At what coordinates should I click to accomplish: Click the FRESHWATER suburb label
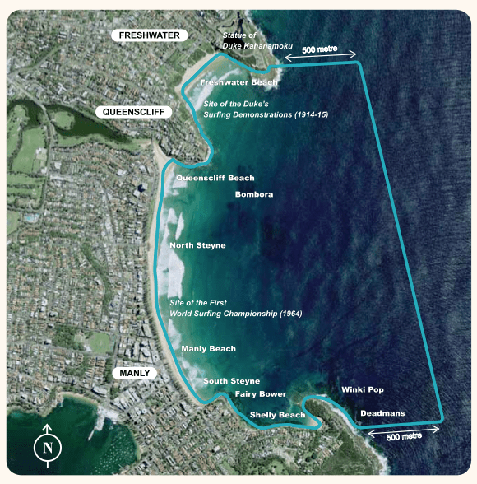(x=153, y=35)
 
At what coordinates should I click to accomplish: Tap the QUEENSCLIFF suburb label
(x=132, y=111)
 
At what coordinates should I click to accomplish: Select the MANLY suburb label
(x=135, y=373)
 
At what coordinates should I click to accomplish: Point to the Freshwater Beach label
(x=238, y=83)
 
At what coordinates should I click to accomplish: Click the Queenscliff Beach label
(x=215, y=178)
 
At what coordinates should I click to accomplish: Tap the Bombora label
(x=254, y=194)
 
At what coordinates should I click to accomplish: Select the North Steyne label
(x=197, y=246)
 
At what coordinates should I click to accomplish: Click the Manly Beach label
(x=208, y=349)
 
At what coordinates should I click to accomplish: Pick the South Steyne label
(x=232, y=381)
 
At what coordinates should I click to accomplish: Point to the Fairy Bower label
(x=261, y=394)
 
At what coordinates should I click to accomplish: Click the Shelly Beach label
(x=277, y=415)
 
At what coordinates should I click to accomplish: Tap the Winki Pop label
(x=362, y=389)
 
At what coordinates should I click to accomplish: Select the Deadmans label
(x=382, y=413)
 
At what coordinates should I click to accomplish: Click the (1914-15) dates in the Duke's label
(x=310, y=114)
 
